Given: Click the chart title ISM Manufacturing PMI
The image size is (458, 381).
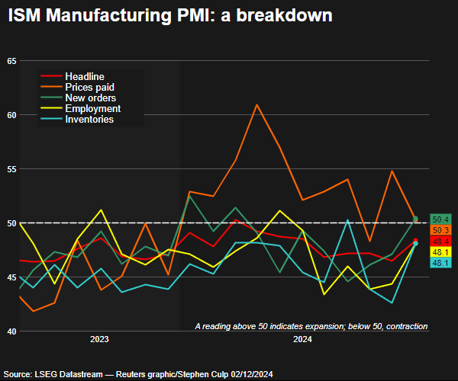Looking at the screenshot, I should (170, 15).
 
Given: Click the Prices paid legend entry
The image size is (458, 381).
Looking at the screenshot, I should (89, 88).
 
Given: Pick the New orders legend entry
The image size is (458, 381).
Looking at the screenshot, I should (90, 98).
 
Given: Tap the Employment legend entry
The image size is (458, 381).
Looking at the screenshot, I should (92, 109).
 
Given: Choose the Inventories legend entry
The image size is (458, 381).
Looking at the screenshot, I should (89, 120).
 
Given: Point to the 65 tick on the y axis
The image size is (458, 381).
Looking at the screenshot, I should (11, 61).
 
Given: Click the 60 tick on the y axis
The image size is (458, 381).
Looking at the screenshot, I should (11, 115).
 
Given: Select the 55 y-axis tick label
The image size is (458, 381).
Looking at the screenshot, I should (11, 169).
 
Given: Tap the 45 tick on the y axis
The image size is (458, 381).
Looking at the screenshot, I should (11, 277).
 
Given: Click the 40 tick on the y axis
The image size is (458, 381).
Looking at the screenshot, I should (11, 331).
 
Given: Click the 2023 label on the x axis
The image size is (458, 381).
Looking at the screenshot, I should (100, 339).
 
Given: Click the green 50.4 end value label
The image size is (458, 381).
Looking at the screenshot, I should (440, 219).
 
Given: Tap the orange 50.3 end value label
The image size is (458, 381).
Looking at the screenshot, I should (440, 230).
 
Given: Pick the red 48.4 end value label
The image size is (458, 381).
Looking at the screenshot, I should (440, 241).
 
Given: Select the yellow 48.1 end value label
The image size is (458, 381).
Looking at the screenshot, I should (440, 251).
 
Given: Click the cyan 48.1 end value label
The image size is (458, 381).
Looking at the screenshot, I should (440, 263).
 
